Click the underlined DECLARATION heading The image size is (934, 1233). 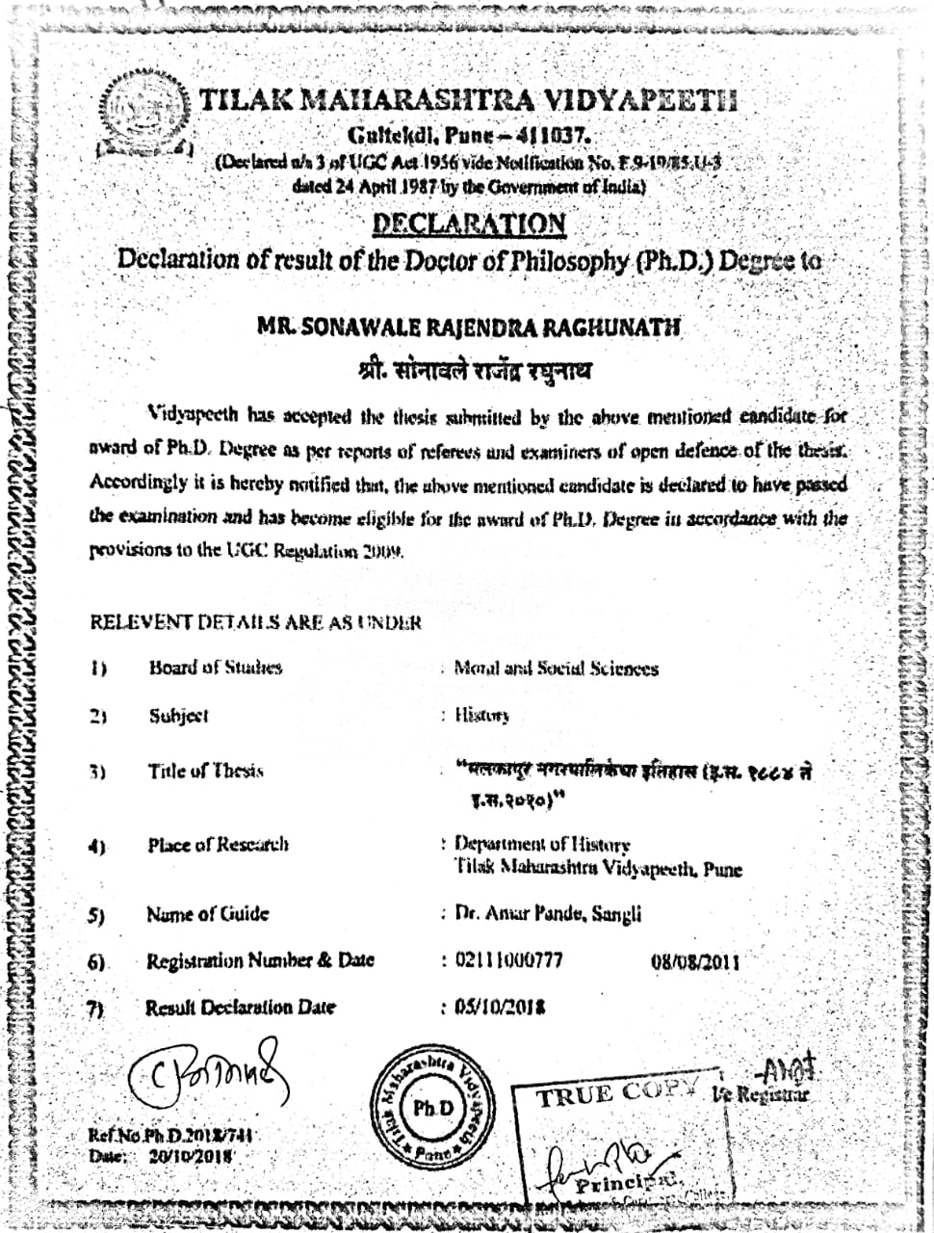(468, 224)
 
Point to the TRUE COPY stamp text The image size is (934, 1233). (616, 1093)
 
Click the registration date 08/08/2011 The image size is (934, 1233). (696, 961)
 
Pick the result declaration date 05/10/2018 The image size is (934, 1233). (500, 1008)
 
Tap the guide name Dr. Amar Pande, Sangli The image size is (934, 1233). (548, 913)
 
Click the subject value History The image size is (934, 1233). (481, 716)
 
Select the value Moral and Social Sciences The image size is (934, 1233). (557, 669)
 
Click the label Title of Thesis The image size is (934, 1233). (205, 771)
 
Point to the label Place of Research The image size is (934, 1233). (218, 845)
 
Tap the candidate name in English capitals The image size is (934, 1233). (468, 328)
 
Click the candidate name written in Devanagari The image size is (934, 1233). (469, 371)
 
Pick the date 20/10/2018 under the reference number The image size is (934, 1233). (191, 1155)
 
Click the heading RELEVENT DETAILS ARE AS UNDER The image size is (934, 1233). (255, 622)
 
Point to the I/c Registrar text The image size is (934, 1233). (761, 1094)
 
